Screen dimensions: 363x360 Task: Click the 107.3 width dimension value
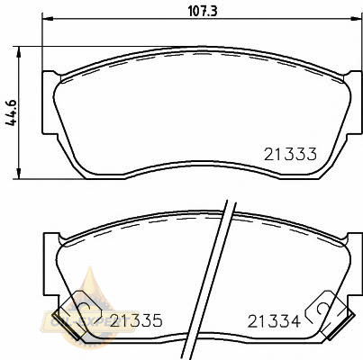tap(203, 12)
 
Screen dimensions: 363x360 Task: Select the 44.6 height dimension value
tap(12, 113)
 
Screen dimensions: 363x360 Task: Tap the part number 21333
tap(290, 154)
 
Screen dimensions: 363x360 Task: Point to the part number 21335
tap(136, 320)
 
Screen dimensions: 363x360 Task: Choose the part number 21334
tap(274, 321)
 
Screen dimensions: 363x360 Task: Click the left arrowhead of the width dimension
tap(48, 19)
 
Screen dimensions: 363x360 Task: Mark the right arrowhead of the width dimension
tap(357, 19)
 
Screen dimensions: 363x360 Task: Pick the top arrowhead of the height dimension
tap(19, 52)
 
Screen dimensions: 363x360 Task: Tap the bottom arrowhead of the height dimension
tap(19, 174)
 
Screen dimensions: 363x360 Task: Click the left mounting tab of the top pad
tap(50, 103)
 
